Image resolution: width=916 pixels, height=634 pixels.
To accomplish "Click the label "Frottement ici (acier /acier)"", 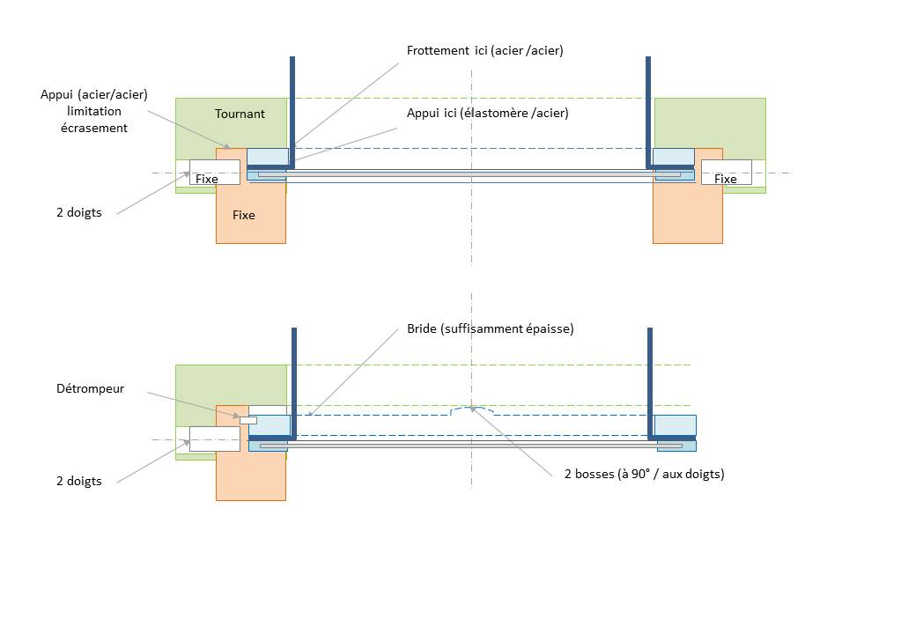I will pyautogui.click(x=484, y=51).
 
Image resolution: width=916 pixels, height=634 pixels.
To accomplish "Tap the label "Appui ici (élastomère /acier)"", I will pyautogui.click(x=487, y=114).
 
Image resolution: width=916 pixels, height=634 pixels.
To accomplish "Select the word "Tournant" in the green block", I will pyautogui.click(x=240, y=114).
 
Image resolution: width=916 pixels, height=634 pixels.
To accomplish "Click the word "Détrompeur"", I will pyautogui.click(x=90, y=388).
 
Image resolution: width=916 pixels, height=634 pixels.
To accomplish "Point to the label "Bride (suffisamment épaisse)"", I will pyautogui.click(x=490, y=328).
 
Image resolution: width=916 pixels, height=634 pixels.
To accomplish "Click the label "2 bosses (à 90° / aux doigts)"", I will pyautogui.click(x=644, y=474).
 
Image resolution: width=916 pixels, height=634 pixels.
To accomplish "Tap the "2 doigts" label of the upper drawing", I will pyautogui.click(x=78, y=212).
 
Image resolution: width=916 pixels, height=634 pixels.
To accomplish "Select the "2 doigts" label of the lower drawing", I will pyautogui.click(x=78, y=481).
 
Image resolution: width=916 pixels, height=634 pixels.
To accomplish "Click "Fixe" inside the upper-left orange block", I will pyautogui.click(x=244, y=215).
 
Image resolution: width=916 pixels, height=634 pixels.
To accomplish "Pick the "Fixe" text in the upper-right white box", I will pyautogui.click(x=725, y=180).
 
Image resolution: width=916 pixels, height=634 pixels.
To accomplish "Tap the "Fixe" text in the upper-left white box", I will pyautogui.click(x=207, y=180).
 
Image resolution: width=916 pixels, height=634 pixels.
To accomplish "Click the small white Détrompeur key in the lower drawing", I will pyautogui.click(x=247, y=420).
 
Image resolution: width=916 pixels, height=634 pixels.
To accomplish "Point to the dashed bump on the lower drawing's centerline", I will pyautogui.click(x=472, y=410).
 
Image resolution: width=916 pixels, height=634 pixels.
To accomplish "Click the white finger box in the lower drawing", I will pyautogui.click(x=214, y=439).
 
